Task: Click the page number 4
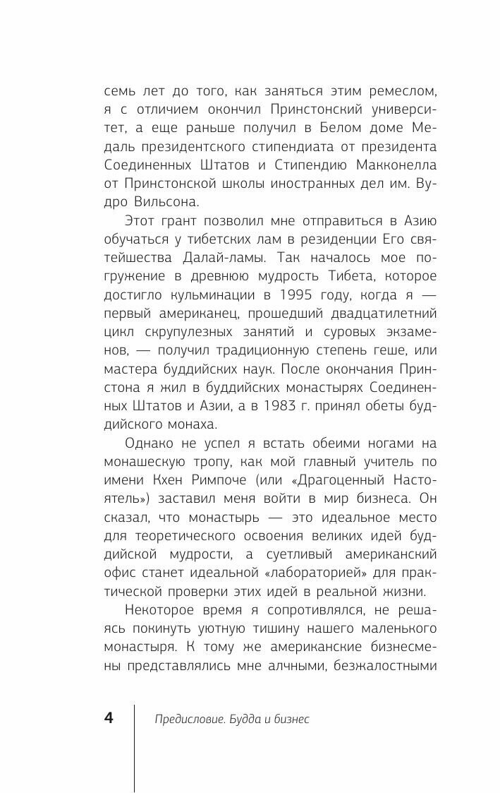point(109,718)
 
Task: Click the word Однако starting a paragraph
point(150,443)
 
